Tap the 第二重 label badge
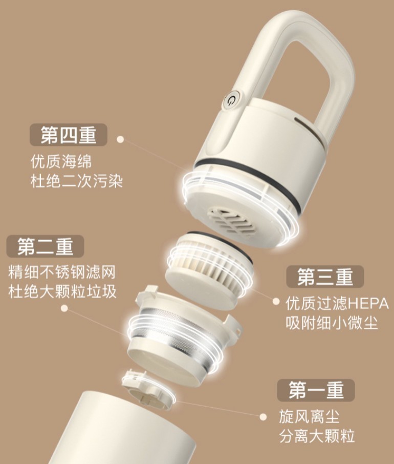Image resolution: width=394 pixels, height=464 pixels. [45, 246]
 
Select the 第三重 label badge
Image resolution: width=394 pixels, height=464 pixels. [325, 277]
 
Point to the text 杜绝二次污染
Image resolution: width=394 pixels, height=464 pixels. [77, 181]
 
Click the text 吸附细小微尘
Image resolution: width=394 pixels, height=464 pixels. [332, 324]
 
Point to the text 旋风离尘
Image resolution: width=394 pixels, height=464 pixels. [310, 416]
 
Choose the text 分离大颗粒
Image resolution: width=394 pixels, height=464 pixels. [317, 436]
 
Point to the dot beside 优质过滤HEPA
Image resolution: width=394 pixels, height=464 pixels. [276, 303]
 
